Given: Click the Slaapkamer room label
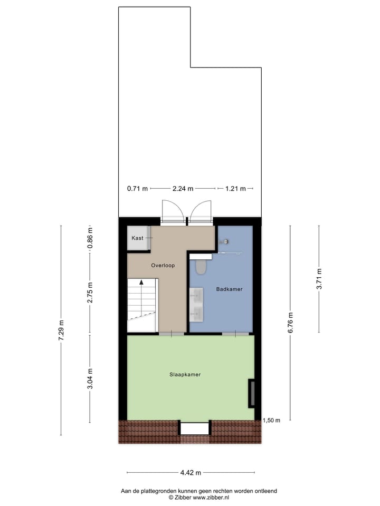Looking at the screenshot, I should [185, 375].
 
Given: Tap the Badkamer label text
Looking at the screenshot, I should [230, 289].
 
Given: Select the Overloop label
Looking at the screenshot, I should [162, 266].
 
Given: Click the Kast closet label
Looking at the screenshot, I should [138, 238].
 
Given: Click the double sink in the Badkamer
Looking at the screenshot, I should [196, 305].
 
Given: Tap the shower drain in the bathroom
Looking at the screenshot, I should [226, 241].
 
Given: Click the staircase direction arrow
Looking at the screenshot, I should [141, 283].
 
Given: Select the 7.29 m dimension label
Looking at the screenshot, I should [61, 330].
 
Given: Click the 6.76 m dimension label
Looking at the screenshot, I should [290, 322].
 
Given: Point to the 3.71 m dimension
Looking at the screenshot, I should [319, 279].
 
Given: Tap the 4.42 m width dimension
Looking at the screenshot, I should [191, 472].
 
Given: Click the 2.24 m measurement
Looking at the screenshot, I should [183, 188].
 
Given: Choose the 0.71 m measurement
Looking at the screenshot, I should [137, 188].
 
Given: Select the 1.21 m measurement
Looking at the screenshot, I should [235, 188].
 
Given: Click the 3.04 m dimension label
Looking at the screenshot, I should [90, 378].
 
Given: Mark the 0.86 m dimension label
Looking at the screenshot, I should [90, 238].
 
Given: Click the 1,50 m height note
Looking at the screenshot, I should [271, 420].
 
